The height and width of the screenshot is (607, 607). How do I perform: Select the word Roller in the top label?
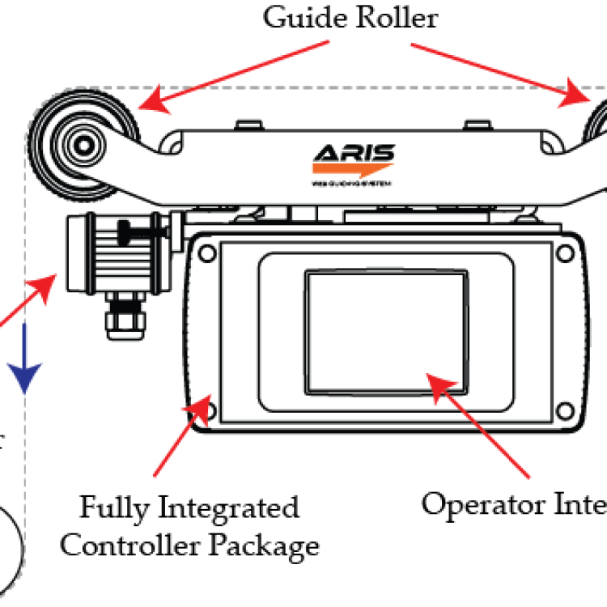(397, 18)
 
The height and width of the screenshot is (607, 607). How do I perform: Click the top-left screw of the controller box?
(206, 253)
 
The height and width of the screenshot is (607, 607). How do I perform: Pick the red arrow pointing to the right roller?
(502, 73)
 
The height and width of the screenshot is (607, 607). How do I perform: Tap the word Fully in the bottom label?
(112, 508)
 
